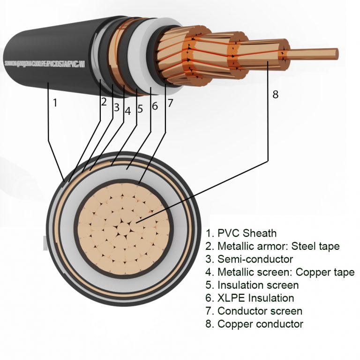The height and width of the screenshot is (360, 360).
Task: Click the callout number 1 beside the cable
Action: (55, 102)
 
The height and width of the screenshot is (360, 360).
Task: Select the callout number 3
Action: (117, 107)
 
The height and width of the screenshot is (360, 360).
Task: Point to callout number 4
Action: (127, 112)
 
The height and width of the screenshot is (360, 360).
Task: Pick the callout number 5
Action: (140, 109)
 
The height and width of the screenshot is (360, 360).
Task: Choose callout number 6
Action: (155, 106)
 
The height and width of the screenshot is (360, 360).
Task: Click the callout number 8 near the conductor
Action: (275, 94)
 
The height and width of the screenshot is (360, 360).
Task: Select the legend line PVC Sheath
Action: (241, 233)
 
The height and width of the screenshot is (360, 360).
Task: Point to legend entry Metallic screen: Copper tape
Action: (280, 272)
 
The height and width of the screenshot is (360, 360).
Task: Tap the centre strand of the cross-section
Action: (123, 229)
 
